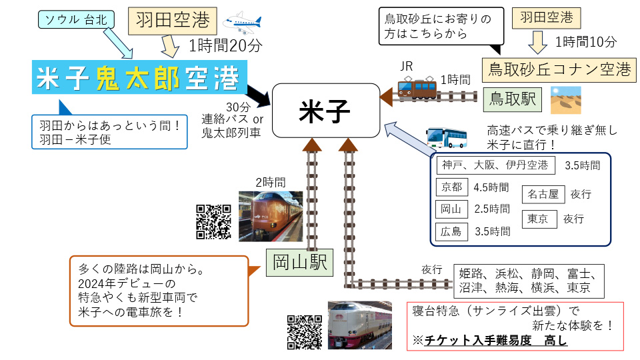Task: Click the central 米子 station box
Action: (x=325, y=110)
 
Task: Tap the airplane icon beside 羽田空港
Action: (x=242, y=23)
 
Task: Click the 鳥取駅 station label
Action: (x=511, y=100)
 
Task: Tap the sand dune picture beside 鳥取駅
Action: (x=565, y=100)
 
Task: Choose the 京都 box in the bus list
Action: (x=451, y=187)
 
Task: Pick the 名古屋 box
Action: (x=543, y=194)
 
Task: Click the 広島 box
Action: (x=451, y=231)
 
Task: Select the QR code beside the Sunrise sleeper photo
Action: (x=305, y=331)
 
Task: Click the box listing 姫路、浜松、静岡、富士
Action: (x=529, y=281)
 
